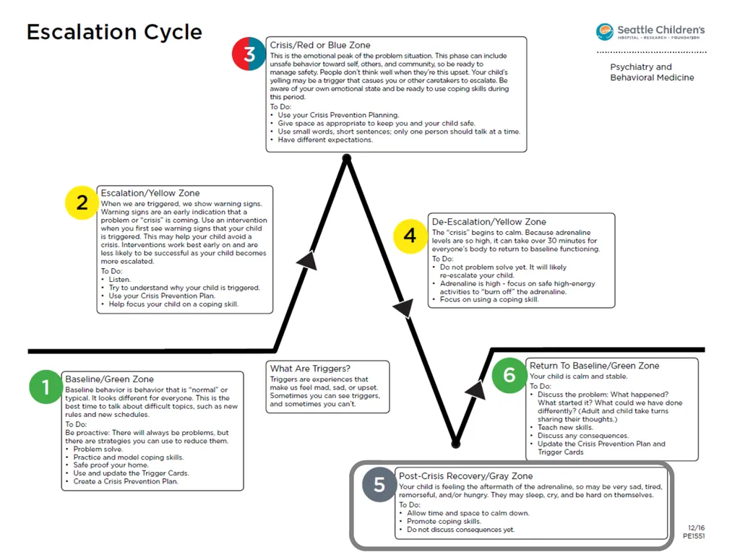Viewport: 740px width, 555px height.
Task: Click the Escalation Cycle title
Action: click(x=114, y=32)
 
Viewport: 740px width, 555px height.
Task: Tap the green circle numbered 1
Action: click(x=46, y=387)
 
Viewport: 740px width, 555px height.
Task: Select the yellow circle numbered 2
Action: click(x=82, y=202)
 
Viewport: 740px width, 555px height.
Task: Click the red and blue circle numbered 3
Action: click(x=249, y=53)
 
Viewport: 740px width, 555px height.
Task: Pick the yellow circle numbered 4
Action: click(x=410, y=236)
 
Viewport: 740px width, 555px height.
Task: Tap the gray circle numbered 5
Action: click(x=379, y=485)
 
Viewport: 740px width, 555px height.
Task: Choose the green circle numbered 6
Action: click(x=509, y=375)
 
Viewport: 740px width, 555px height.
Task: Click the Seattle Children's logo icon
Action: click(x=605, y=32)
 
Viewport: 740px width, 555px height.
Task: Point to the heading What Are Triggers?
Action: click(x=310, y=369)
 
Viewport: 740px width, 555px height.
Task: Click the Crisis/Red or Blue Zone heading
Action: click(x=320, y=46)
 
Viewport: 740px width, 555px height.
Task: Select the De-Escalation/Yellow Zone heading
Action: click(x=489, y=222)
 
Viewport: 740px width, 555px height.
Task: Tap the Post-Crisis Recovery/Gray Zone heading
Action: click(x=466, y=476)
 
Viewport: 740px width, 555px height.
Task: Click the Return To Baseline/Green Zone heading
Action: click(x=594, y=366)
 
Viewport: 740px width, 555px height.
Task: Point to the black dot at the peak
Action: click(x=347, y=158)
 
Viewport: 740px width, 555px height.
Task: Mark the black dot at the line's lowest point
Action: click(x=456, y=444)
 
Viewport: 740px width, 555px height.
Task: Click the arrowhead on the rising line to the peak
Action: click(x=307, y=260)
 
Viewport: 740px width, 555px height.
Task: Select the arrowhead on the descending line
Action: click(x=404, y=308)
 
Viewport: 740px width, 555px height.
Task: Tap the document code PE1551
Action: click(x=694, y=536)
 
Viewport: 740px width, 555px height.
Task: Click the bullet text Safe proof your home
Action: click(x=111, y=465)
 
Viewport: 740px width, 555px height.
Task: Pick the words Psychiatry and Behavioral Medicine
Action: click(x=653, y=72)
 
